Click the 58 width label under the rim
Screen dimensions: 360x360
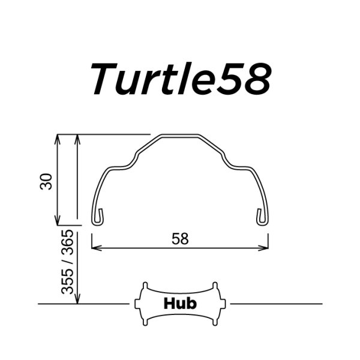(x=180, y=239)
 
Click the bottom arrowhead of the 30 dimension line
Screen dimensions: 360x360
(x=58, y=221)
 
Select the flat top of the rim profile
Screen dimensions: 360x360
(x=180, y=136)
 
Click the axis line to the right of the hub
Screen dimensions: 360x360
(x=276, y=304)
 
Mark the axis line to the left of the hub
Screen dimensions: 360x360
(x=84, y=304)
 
